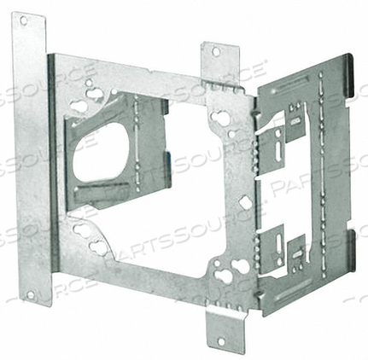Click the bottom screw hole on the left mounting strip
point(32,295)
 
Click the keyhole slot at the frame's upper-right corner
point(225,118)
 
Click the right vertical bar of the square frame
point(240,196)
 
